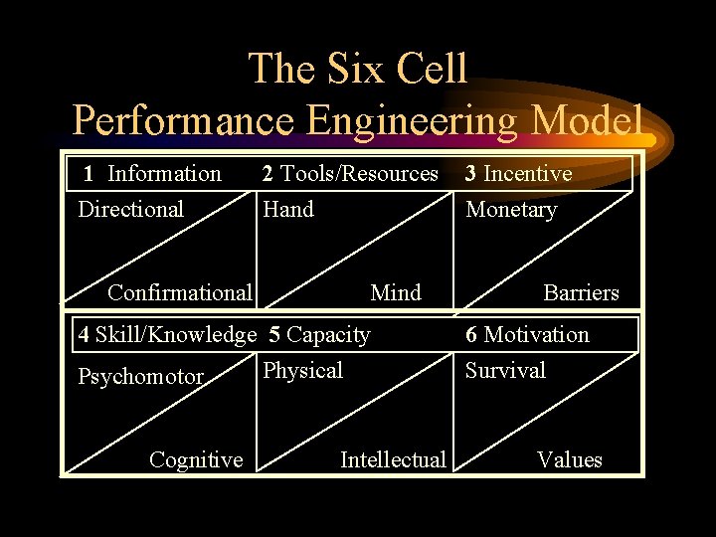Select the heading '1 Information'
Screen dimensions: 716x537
pos(152,174)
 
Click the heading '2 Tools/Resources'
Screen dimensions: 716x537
pos(350,174)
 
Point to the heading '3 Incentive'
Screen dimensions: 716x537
pos(519,174)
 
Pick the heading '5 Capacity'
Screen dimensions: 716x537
pos(320,335)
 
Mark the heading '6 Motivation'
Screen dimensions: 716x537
pos(527,335)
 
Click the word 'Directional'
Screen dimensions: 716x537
pos(131,210)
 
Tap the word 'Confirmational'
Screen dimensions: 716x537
pos(179,292)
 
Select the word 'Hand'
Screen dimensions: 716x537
pos(288,210)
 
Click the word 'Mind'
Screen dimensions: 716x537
pos(396,292)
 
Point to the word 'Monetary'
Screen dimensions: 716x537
pos(511,210)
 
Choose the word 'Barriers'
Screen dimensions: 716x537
pos(581,292)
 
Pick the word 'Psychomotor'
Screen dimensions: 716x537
pos(141,378)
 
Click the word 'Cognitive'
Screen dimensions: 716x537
pos(196,459)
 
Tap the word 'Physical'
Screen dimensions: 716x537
pos(302,371)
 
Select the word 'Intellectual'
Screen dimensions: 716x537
pos(393,459)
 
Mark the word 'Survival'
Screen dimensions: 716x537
pos(506,371)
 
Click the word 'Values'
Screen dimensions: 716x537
pos(570,459)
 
